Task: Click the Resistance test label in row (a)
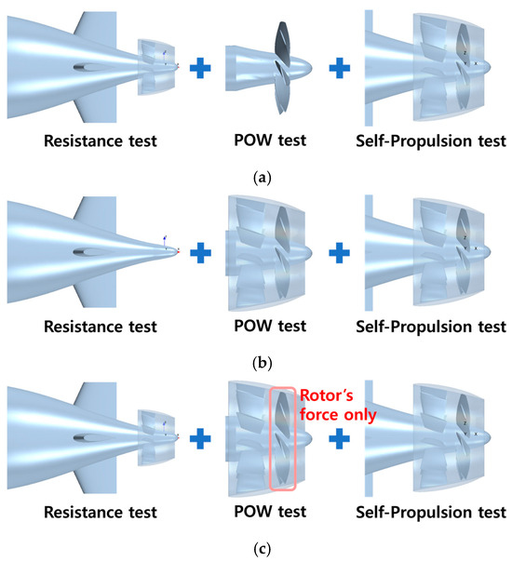click(x=101, y=140)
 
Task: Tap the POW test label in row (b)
click(x=270, y=327)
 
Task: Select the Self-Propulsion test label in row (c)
click(x=431, y=513)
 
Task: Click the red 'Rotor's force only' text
click(x=338, y=405)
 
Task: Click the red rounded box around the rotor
click(x=270, y=438)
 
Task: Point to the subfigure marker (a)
click(x=263, y=178)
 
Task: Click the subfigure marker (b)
click(x=263, y=364)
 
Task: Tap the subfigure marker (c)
click(x=263, y=549)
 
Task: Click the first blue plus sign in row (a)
click(x=200, y=68)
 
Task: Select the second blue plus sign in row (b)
click(x=340, y=253)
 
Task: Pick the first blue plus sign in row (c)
click(x=200, y=438)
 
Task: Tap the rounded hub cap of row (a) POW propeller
click(x=304, y=68)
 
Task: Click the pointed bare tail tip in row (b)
click(x=176, y=252)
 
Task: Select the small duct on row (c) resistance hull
click(x=156, y=437)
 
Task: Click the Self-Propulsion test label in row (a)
click(x=431, y=141)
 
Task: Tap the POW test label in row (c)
click(x=270, y=512)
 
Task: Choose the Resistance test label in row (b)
click(x=101, y=327)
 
